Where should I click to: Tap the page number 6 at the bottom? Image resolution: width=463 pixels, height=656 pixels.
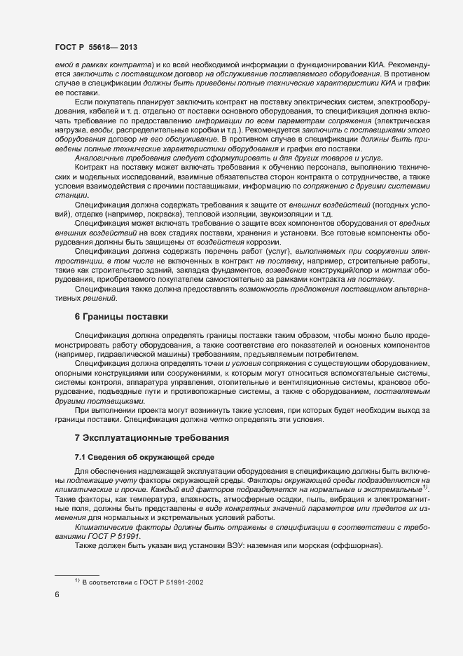coord(57,595)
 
